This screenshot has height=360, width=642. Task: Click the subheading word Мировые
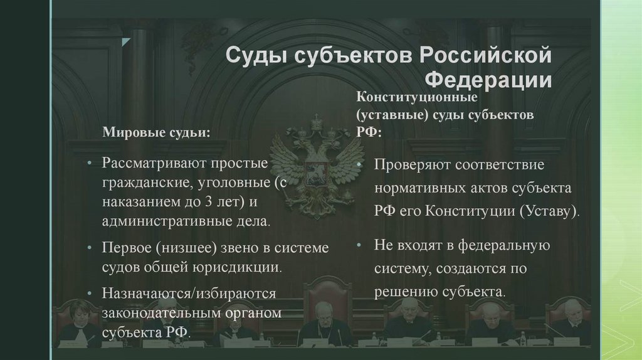(x=132, y=132)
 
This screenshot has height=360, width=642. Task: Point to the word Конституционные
(x=418, y=98)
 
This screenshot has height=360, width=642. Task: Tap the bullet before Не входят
(x=360, y=245)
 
